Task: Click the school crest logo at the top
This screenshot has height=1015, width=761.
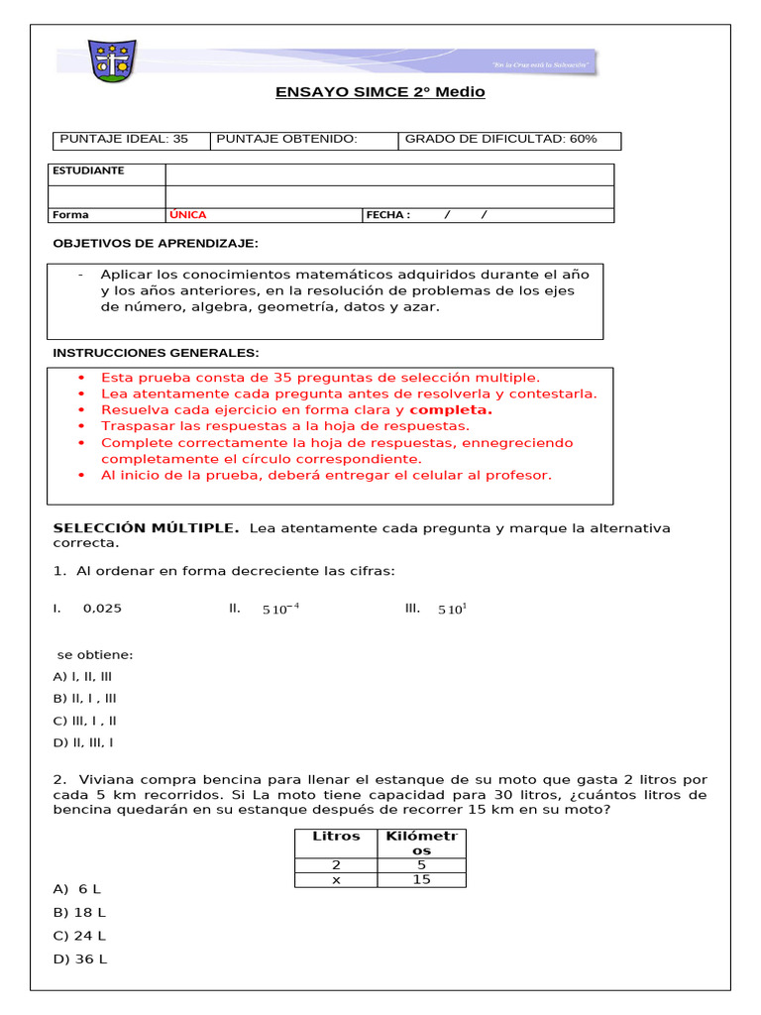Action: point(111,62)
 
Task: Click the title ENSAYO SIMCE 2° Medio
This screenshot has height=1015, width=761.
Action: point(380,92)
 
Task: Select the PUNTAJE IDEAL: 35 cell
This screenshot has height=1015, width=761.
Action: point(125,139)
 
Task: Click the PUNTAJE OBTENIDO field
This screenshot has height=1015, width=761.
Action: point(286,139)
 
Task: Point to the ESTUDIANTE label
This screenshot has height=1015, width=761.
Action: point(88,170)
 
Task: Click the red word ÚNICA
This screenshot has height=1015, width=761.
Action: point(188,214)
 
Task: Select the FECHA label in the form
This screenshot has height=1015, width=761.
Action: point(387,214)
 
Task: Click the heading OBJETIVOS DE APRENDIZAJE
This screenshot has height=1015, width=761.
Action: point(155,243)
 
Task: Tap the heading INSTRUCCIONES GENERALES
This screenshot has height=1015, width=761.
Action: point(156,353)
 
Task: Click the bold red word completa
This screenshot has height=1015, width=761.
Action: point(451,409)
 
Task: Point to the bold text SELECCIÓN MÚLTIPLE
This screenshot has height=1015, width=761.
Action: point(146,528)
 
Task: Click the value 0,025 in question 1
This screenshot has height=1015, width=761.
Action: point(102,609)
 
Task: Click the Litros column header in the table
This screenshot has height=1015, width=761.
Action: point(336,836)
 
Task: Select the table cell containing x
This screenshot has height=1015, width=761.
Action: point(336,879)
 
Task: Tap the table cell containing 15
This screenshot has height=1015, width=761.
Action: point(421,879)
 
